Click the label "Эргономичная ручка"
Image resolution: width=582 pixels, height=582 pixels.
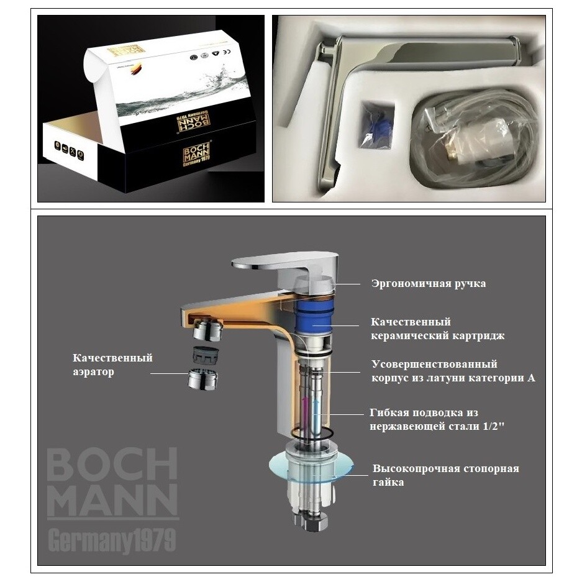tap(428, 284)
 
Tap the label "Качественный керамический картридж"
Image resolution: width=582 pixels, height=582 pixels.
tap(437, 329)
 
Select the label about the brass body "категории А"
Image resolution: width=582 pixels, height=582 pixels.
tap(453, 371)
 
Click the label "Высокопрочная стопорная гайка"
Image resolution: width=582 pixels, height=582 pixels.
tap(445, 475)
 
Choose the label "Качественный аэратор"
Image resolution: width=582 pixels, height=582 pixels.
tap(112, 365)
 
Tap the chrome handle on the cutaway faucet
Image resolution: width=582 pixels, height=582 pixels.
tap(286, 264)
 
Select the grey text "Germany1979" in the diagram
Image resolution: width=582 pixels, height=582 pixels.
tap(111, 539)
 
